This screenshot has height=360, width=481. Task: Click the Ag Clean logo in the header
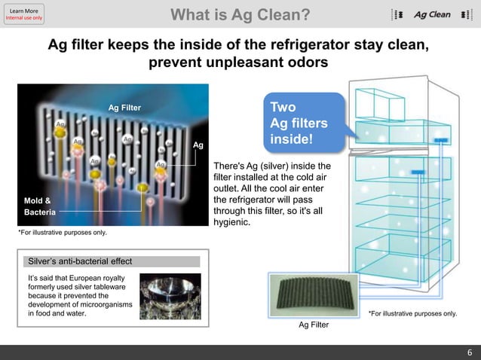431,14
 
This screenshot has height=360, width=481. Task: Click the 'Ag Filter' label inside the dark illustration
124,108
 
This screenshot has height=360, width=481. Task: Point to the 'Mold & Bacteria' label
38,206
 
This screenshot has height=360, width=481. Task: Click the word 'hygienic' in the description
233,222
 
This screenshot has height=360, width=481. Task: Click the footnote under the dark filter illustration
63,233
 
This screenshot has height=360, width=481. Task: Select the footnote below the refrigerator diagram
412,313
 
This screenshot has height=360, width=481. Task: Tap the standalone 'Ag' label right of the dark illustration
198,145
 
